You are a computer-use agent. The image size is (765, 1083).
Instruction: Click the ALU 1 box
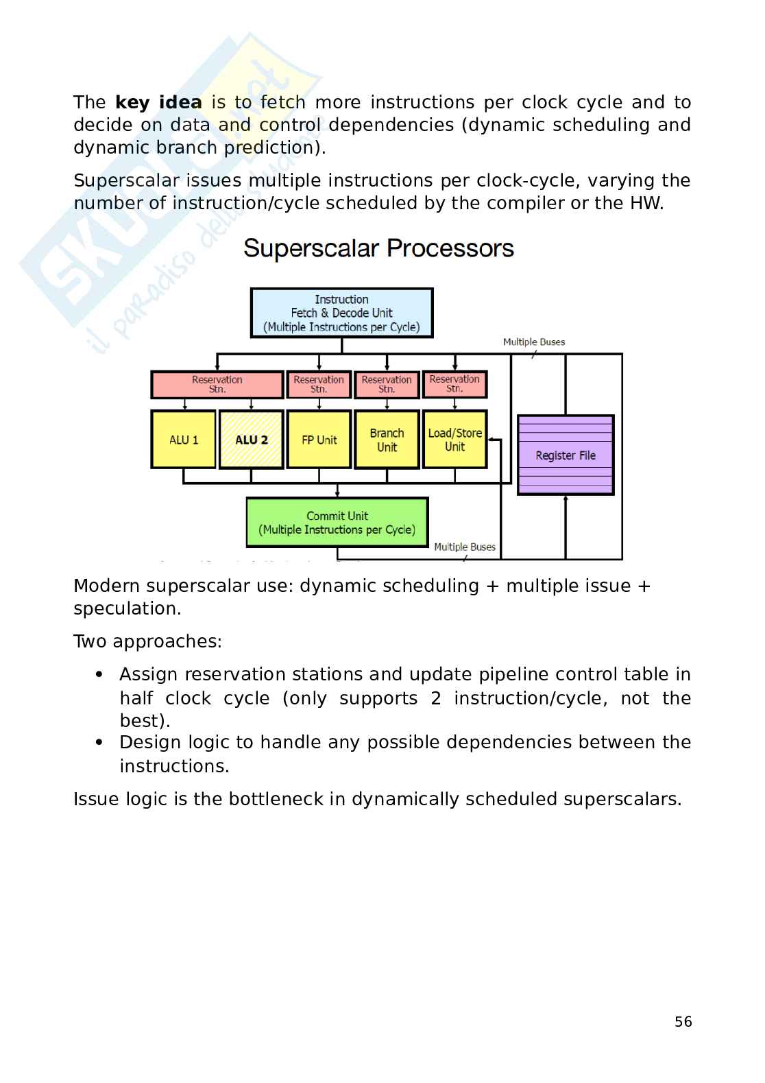click(184, 440)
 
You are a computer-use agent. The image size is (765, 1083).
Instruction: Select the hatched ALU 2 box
click(251, 440)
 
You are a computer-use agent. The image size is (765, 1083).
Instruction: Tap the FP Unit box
click(319, 440)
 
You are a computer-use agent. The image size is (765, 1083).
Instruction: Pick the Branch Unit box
click(387, 440)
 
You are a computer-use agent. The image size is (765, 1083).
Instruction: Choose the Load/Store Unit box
click(454, 440)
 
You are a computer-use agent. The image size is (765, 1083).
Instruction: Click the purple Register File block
click(566, 455)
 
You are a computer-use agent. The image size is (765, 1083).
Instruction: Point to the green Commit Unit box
click(337, 523)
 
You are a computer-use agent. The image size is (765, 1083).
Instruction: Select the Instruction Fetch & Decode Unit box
click(341, 313)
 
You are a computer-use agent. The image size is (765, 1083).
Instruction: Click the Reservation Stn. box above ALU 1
click(217, 384)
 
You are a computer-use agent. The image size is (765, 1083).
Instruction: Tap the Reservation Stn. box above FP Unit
click(319, 384)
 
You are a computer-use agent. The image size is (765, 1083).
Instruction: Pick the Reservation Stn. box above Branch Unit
click(387, 384)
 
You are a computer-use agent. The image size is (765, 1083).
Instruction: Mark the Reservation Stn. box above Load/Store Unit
click(454, 384)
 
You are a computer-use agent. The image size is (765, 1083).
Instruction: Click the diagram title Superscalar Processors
click(378, 248)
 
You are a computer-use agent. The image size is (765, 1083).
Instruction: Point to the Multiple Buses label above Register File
click(534, 342)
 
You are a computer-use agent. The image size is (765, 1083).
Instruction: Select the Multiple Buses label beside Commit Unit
click(465, 547)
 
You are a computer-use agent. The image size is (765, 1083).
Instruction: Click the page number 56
click(683, 1022)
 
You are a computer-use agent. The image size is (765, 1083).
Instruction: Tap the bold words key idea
click(158, 102)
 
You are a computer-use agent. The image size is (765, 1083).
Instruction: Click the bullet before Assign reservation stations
click(100, 674)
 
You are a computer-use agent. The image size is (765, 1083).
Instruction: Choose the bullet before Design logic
click(100, 742)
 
